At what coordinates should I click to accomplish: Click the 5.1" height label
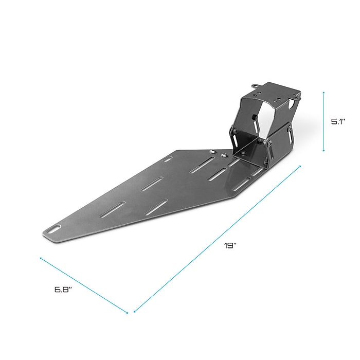tap(337, 122)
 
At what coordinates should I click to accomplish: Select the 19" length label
tap(230, 246)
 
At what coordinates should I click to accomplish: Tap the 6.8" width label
tap(63, 289)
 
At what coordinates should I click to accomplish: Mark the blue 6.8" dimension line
tap(83, 284)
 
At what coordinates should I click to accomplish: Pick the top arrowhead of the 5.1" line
tap(323, 93)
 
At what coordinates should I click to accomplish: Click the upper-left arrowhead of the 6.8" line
tap(41, 258)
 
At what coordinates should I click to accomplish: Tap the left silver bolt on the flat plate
tap(212, 151)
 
